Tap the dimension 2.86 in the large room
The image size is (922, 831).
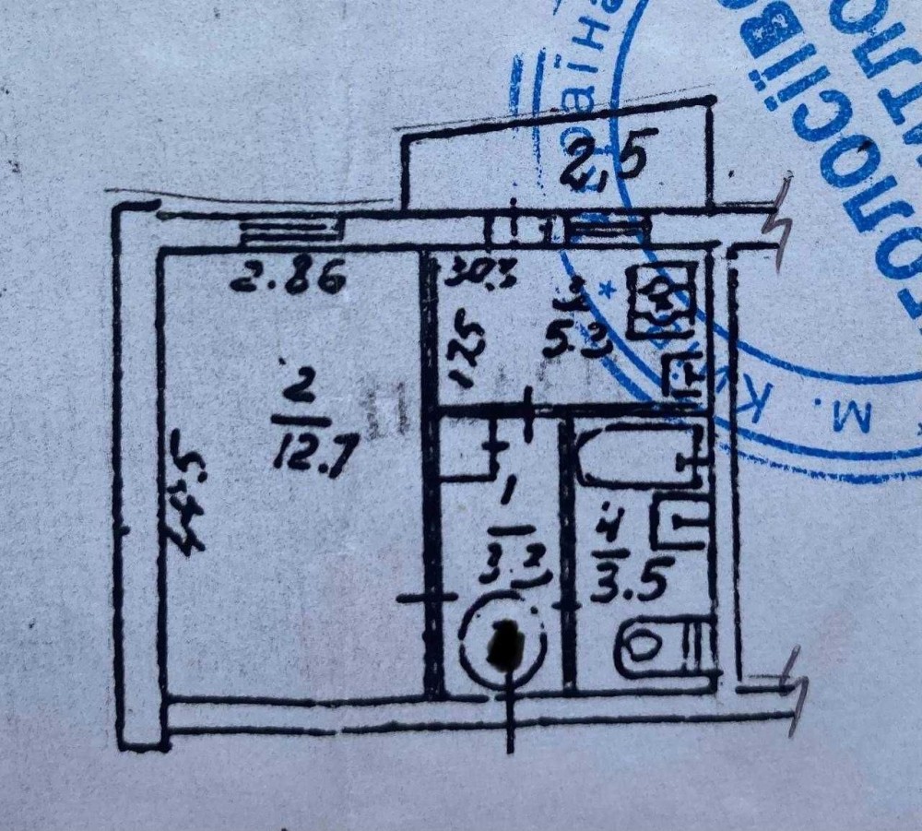pyautogui.click(x=287, y=276)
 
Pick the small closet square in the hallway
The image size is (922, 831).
pyautogui.click(x=467, y=448)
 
